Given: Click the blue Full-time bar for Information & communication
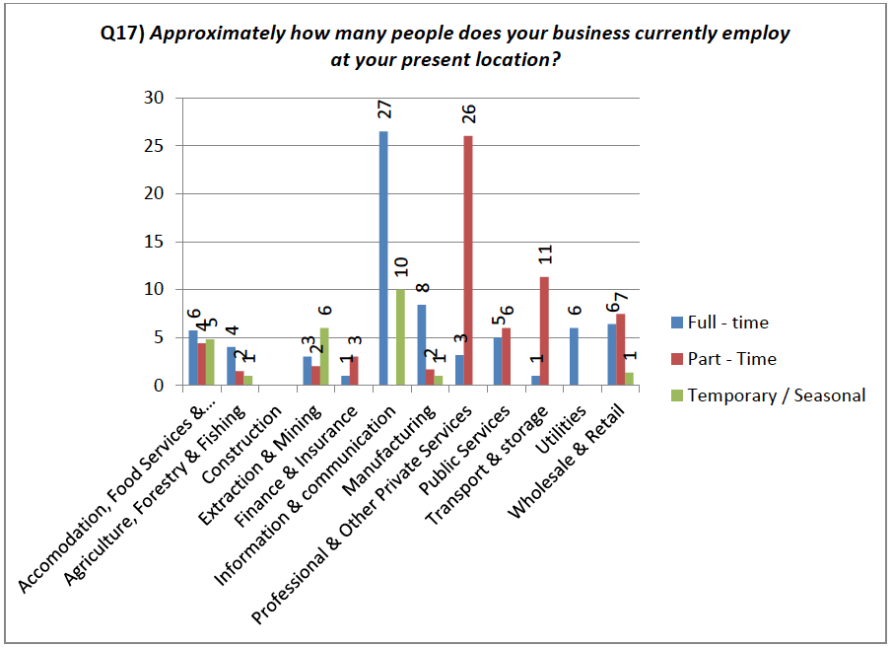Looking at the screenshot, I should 383,258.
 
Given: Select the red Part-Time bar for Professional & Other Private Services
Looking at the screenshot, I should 468,260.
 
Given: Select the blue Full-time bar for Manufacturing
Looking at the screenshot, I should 422,345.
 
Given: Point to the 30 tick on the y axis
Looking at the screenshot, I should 153,98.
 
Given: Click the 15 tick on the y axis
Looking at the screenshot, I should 153,242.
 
